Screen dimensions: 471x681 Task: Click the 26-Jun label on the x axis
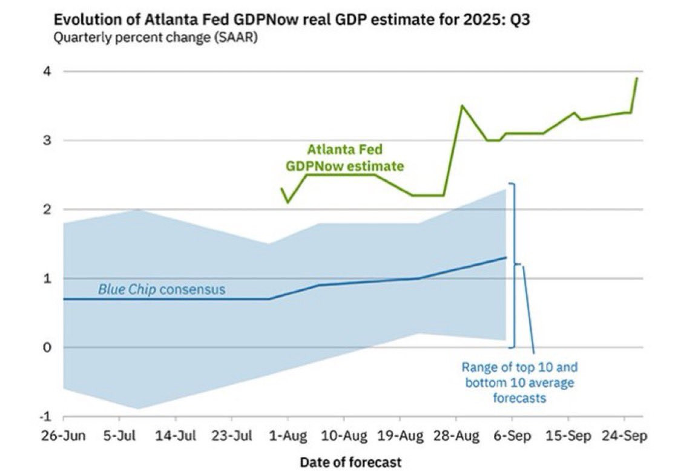63,435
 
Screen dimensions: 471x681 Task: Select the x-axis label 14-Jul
176,435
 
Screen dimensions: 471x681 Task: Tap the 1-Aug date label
288,435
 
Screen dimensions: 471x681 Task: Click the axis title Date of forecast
350,462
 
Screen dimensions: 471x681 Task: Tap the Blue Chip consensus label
162,289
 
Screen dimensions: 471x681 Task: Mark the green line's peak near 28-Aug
462,106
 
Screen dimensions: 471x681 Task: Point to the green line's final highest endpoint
637,78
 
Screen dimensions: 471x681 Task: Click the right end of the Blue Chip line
506,257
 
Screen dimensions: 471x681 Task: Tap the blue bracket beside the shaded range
514,265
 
